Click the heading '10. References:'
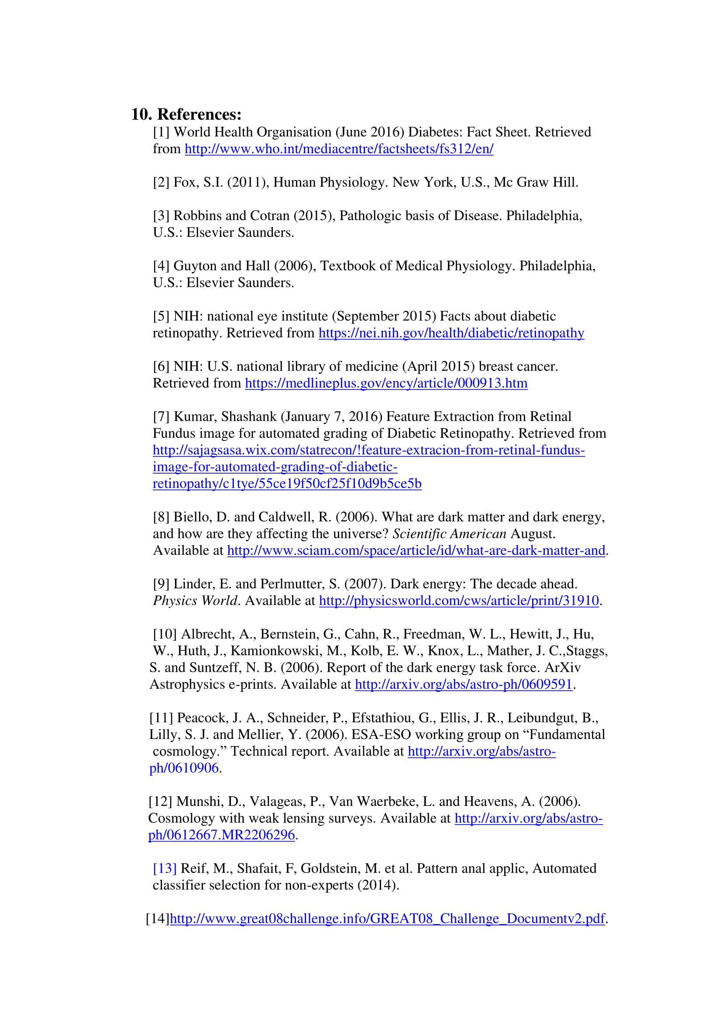coord(186,114)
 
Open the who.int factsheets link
coord(339,149)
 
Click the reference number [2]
coord(161,182)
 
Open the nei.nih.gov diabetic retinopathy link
coord(451,333)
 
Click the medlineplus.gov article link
coord(386,383)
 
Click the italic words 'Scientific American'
coord(450,533)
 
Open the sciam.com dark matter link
coord(416,550)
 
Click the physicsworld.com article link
coord(459,601)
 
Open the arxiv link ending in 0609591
coord(464,684)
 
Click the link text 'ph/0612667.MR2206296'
coord(222,835)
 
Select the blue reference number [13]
coord(165,869)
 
